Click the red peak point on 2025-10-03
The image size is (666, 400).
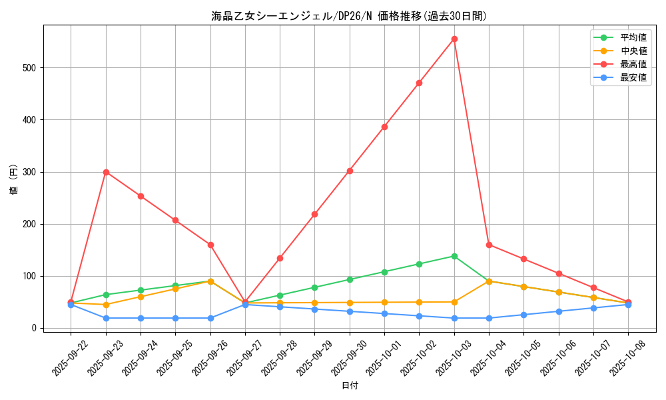454,39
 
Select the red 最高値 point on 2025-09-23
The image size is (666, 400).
106,172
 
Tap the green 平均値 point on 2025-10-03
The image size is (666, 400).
454,256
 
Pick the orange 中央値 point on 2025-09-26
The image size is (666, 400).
210,281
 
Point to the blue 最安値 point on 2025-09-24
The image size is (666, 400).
141,318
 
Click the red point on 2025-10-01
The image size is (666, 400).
384,127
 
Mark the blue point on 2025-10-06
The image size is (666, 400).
559,311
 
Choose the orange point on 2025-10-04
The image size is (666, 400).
489,281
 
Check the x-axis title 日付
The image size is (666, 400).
349,386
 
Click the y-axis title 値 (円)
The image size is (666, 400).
13,180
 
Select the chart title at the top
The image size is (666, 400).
349,16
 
